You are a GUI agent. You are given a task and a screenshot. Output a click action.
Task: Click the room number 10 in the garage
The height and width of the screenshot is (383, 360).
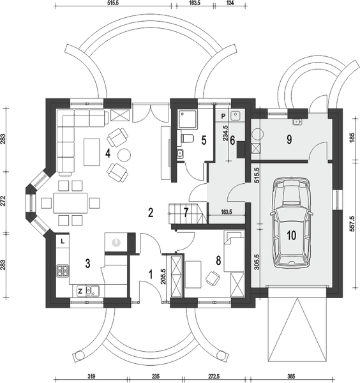[x=292, y=235]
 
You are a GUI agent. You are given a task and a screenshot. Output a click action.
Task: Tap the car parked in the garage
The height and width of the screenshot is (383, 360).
[x=291, y=223]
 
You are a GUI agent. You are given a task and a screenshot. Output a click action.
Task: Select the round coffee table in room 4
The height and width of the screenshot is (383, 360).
[x=124, y=154]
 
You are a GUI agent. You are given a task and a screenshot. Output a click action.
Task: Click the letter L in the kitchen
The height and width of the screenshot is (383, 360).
[x=63, y=242]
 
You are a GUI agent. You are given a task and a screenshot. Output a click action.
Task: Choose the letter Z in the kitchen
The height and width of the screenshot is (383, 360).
[x=80, y=291]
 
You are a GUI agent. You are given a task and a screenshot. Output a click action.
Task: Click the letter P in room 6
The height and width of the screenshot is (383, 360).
[x=223, y=117]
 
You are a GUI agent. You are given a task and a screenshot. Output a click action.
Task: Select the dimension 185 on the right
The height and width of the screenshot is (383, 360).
[x=353, y=135]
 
